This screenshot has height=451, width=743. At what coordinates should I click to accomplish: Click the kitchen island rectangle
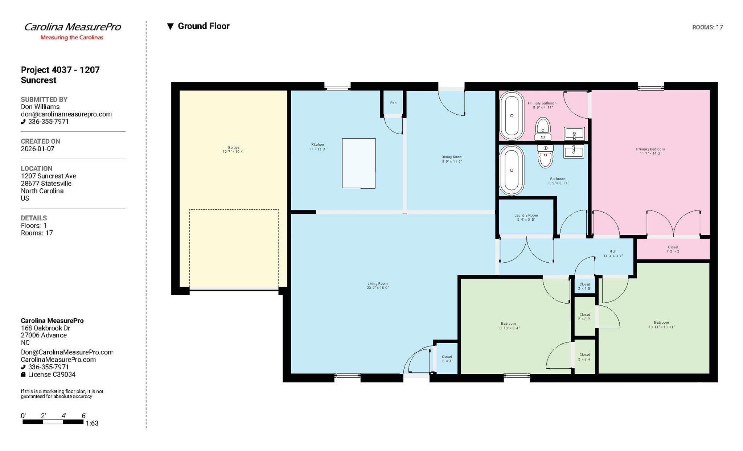(358, 163)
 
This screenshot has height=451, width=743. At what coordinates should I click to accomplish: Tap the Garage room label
(233, 149)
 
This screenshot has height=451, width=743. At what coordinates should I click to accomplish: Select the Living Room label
(377, 286)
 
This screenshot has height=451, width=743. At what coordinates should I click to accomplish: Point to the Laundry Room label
(526, 217)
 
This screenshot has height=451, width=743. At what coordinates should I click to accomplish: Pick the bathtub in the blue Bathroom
(512, 170)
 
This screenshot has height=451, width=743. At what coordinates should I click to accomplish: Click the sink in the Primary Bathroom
(574, 134)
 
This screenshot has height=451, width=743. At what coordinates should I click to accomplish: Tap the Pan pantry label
(393, 103)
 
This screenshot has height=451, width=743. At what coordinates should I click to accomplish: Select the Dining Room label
(452, 159)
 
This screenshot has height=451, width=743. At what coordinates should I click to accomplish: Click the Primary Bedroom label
(650, 151)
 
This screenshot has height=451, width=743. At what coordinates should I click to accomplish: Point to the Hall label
(613, 253)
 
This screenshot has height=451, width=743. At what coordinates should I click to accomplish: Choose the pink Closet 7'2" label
(673, 249)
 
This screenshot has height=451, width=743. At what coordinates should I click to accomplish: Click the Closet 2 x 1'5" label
(584, 286)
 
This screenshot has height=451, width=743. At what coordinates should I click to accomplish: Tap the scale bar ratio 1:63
(92, 423)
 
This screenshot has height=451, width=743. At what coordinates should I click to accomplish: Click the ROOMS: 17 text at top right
(707, 27)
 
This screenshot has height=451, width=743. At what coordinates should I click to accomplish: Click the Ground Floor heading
(203, 26)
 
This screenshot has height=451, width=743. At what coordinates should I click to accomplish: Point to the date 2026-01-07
(37, 149)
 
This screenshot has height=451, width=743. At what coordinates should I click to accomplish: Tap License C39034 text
(52, 374)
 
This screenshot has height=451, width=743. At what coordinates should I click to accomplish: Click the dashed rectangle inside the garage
(234, 249)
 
